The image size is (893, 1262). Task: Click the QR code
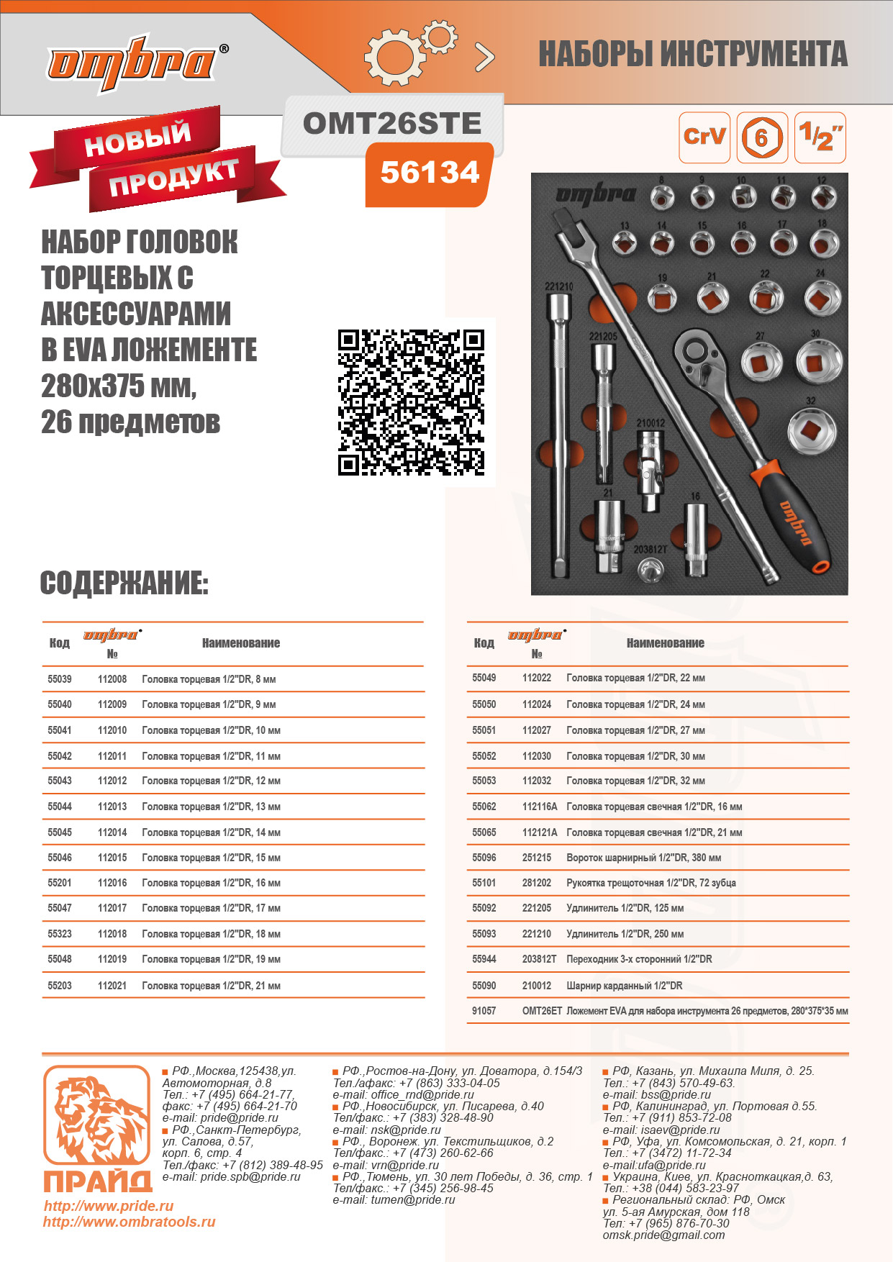coord(411,402)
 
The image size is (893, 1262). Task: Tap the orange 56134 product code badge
coord(430,173)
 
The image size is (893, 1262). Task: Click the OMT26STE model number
coord(392,124)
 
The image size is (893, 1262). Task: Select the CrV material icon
coord(704,137)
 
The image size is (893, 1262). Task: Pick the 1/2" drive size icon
coord(820,137)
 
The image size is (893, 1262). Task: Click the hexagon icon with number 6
coord(762,137)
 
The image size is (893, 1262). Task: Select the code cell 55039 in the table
coord(60,679)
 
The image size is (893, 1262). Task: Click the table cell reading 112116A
coord(540,807)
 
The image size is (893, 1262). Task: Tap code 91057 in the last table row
coord(484,1011)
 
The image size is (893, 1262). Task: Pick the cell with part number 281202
coord(537,883)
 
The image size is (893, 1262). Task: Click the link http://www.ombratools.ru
coord(130,1222)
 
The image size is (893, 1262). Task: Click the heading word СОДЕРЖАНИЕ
coord(124,584)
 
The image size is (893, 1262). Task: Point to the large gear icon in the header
coord(392,55)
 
